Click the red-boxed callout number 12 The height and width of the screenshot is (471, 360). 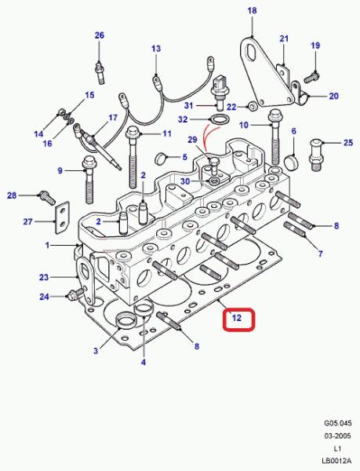[237, 318]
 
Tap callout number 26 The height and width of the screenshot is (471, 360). [100, 35]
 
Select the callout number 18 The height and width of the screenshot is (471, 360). [252, 10]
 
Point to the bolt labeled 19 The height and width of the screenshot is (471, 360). [311, 77]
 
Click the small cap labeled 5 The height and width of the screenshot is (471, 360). [161, 159]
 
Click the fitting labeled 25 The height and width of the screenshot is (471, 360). [315, 155]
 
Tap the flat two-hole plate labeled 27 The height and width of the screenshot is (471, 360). [62, 217]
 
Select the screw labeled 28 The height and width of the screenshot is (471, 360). [47, 197]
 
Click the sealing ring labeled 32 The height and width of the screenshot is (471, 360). [218, 119]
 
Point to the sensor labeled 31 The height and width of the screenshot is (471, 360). [218, 92]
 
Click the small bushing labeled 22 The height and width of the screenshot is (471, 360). [253, 106]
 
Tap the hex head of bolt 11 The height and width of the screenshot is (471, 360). [133, 132]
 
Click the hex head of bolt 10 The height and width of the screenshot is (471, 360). [274, 115]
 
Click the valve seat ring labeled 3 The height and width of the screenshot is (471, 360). [124, 320]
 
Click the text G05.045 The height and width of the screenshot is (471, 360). [337, 423]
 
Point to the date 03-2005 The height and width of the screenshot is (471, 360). [337, 436]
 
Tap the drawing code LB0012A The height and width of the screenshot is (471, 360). [336, 461]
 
